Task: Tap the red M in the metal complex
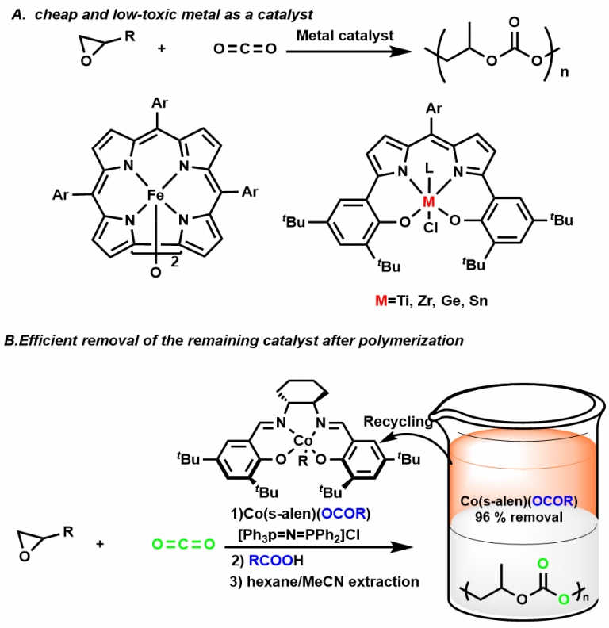pos(429,204)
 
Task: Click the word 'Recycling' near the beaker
pos(396,422)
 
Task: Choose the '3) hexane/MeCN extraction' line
pos(320,583)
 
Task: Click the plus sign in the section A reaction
pos(163,49)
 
